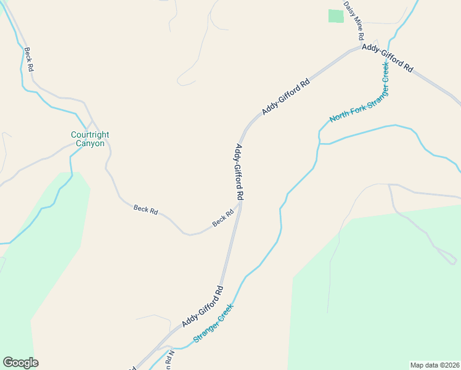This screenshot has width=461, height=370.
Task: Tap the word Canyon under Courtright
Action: (90, 144)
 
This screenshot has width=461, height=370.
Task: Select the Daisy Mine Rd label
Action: (354, 20)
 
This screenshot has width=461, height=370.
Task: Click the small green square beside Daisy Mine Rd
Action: (336, 16)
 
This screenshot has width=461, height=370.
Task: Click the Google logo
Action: (20, 363)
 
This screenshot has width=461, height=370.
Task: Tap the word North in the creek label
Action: (339, 116)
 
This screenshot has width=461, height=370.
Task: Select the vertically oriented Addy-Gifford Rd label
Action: (240, 172)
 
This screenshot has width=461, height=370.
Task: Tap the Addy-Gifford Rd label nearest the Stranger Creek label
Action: (202, 306)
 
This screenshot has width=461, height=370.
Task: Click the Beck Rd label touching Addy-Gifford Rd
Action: (223, 218)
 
